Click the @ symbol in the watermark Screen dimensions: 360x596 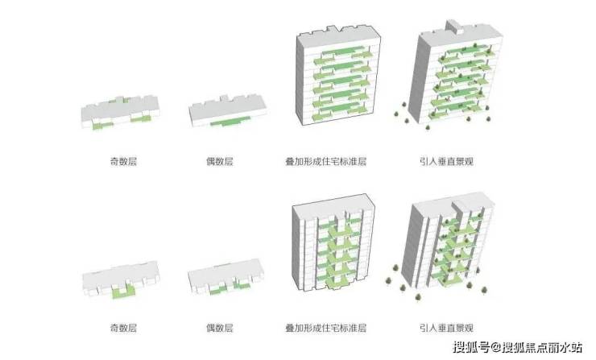pyautogui.click(x=497, y=348)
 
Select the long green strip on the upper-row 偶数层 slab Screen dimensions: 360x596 pyautogui.click(x=230, y=123)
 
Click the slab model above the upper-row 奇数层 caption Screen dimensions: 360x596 pyautogui.click(x=118, y=114)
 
